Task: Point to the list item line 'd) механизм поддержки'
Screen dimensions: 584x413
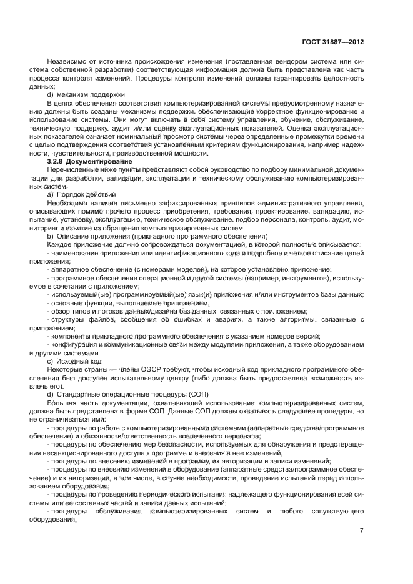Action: point(82,95)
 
